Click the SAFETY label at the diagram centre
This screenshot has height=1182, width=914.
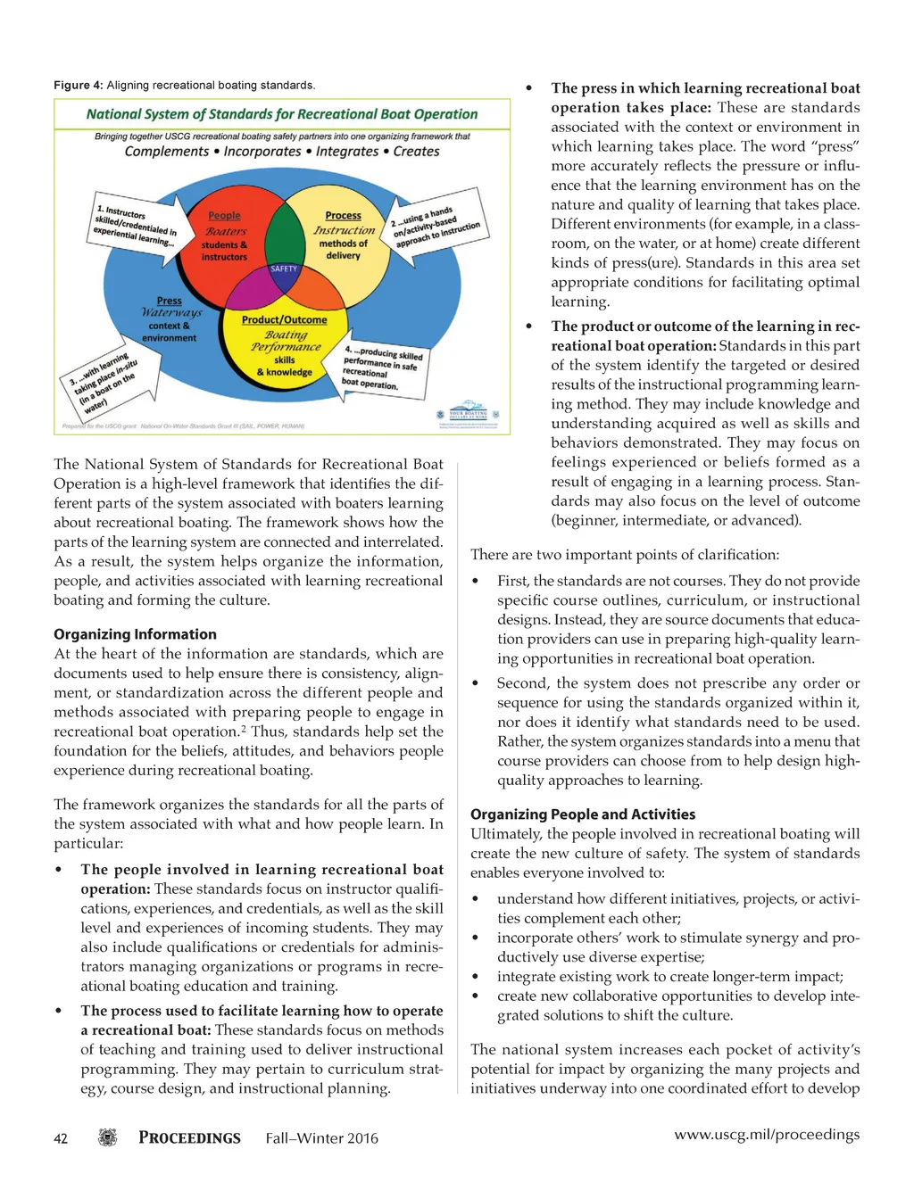[x=284, y=269]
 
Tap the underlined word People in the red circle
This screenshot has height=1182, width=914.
[x=224, y=216]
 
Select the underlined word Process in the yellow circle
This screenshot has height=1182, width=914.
[x=343, y=216]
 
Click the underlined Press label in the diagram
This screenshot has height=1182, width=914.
[x=169, y=302]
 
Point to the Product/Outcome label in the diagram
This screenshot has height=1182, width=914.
[x=284, y=320]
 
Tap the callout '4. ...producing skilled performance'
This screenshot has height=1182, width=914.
[x=382, y=367]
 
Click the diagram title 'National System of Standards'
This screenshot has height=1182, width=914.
[x=281, y=114]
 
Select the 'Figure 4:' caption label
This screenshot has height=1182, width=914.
[x=78, y=86]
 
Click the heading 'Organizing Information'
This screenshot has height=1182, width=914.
[x=135, y=634]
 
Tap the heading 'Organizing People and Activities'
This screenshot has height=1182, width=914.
[x=583, y=814]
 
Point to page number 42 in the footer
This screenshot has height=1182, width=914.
[x=61, y=1138]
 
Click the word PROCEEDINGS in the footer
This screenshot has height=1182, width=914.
[x=189, y=1138]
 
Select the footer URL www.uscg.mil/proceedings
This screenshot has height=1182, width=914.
[x=767, y=1135]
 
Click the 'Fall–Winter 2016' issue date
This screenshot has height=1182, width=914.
[x=321, y=1138]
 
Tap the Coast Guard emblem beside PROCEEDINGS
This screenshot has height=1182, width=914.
[x=108, y=1137]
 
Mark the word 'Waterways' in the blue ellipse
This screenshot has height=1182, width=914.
[x=171, y=313]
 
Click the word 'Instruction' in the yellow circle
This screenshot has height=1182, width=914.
[x=344, y=230]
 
